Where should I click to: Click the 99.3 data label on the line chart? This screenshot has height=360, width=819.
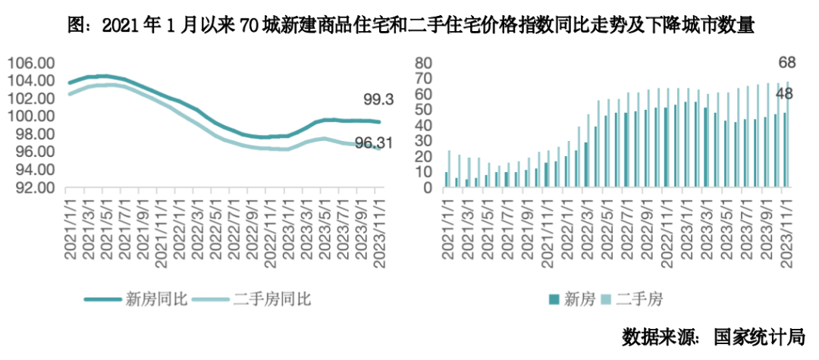pyautogui.click(x=377, y=99)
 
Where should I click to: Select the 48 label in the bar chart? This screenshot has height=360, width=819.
pyautogui.click(x=786, y=95)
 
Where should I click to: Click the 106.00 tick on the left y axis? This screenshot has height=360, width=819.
pyautogui.click(x=30, y=63)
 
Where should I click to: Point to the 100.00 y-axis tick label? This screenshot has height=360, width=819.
pyautogui.click(x=30, y=116)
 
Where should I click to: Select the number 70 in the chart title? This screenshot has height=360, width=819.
pyautogui.click(x=251, y=26)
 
